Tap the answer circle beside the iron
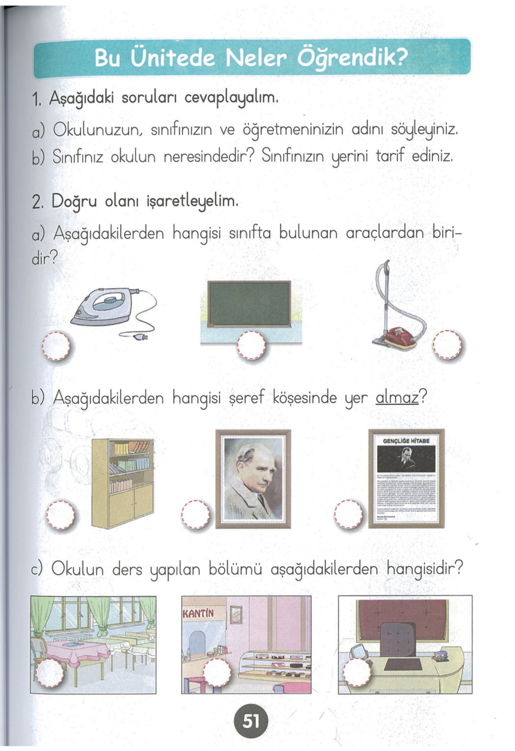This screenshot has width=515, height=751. pyautogui.click(x=56, y=346)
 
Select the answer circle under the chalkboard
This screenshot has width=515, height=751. pyautogui.click(x=251, y=345)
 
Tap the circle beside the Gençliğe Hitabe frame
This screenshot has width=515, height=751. pyautogui.click(x=349, y=514)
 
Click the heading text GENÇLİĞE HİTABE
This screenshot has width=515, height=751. pyautogui.click(x=406, y=441)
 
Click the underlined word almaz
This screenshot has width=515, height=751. pyautogui.click(x=397, y=398)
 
